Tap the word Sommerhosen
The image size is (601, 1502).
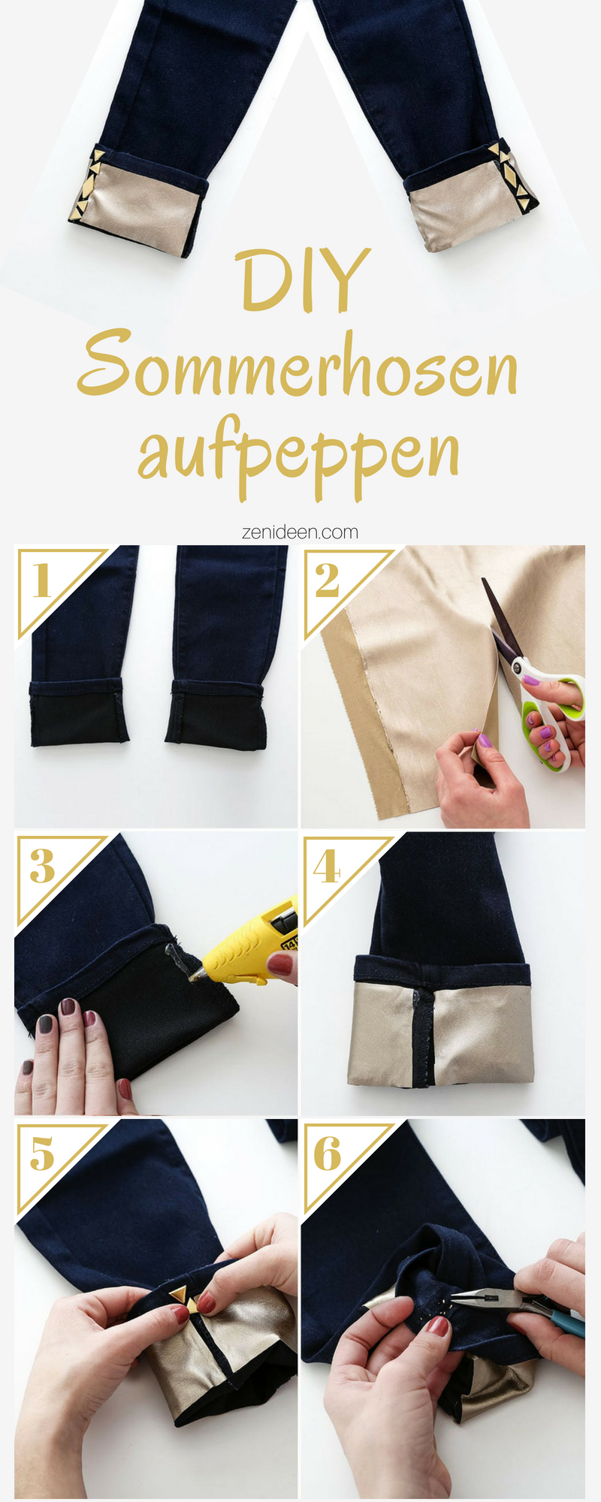click(x=298, y=364)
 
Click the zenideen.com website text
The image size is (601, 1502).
click(x=300, y=532)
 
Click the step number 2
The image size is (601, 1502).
click(x=327, y=581)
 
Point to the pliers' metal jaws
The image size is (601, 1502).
click(x=470, y=1295)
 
